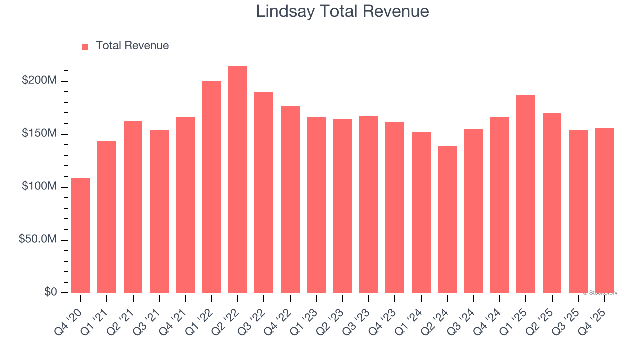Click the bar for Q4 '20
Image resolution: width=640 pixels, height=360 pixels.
pyautogui.click(x=81, y=235)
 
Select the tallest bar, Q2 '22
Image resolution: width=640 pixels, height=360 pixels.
pyautogui.click(x=238, y=179)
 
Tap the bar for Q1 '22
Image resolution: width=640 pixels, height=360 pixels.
pyautogui.click(x=212, y=187)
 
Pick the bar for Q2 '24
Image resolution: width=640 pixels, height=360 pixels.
pyautogui.click(x=447, y=219)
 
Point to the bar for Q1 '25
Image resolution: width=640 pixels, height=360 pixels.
pyautogui.click(x=526, y=194)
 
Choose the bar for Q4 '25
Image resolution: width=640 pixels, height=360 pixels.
pyautogui.click(x=604, y=210)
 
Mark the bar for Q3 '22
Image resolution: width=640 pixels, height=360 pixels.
pyautogui.click(x=264, y=192)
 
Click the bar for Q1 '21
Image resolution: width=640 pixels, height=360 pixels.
pyautogui.click(x=107, y=217)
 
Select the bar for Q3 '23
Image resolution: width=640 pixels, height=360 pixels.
pyautogui.click(x=369, y=204)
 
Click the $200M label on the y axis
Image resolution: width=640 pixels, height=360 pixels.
pyautogui.click(x=39, y=81)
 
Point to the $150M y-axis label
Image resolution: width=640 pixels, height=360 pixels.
pyautogui.click(x=39, y=134)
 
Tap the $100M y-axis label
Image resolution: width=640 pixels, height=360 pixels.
pyautogui.click(x=39, y=187)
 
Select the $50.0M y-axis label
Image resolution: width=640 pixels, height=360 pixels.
pyautogui.click(x=37, y=240)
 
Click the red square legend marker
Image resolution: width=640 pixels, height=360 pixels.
pyautogui.click(x=85, y=46)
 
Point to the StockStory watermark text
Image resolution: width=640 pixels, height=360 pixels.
pyautogui.click(x=600, y=293)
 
